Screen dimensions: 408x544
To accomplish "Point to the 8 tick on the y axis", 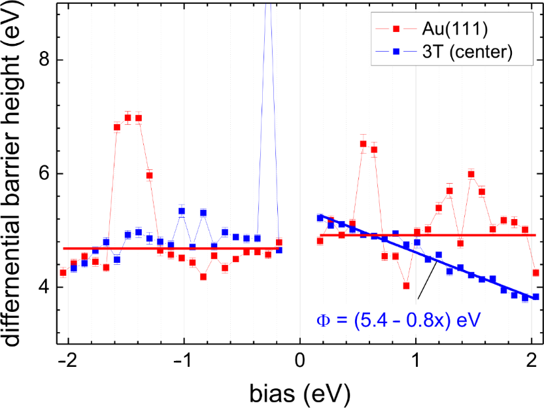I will pyautogui.click(x=41, y=60).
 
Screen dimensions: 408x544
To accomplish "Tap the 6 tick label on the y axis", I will pyautogui.click(x=41, y=174).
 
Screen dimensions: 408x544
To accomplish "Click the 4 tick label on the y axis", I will pyautogui.click(x=41, y=288).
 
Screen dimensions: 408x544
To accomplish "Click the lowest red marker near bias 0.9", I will pyautogui.click(x=406, y=286).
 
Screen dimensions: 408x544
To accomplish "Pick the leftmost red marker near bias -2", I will pyautogui.click(x=63, y=273).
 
